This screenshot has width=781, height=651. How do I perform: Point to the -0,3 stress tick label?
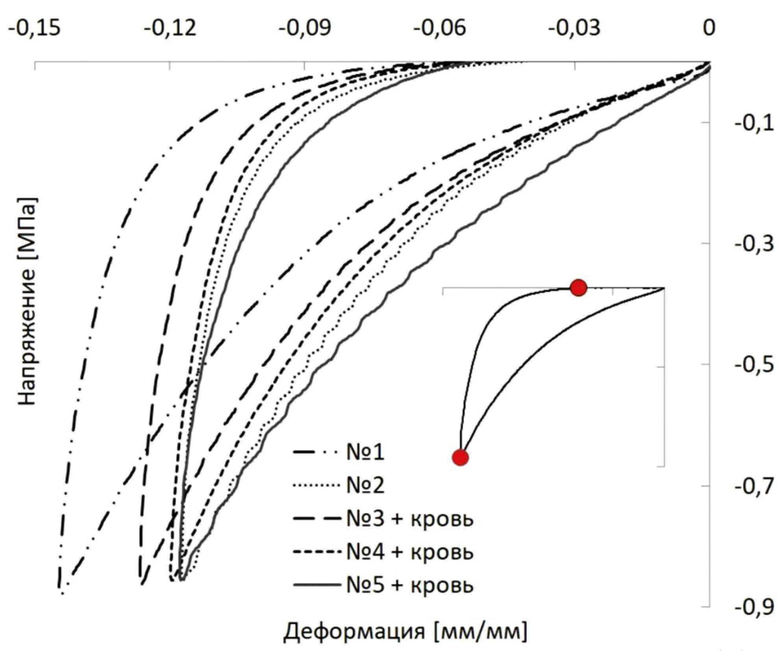pyautogui.click(x=755, y=244)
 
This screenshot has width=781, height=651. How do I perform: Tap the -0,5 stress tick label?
pyautogui.click(x=755, y=366)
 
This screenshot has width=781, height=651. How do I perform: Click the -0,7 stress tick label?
pyautogui.click(x=755, y=487)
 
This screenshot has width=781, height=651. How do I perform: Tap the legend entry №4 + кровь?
pyautogui.click(x=409, y=552)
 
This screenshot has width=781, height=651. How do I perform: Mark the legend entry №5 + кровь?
pyautogui.click(x=409, y=585)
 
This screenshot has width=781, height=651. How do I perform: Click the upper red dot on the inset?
pyautogui.click(x=578, y=288)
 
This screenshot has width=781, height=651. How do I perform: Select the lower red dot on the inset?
pyautogui.click(x=461, y=458)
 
